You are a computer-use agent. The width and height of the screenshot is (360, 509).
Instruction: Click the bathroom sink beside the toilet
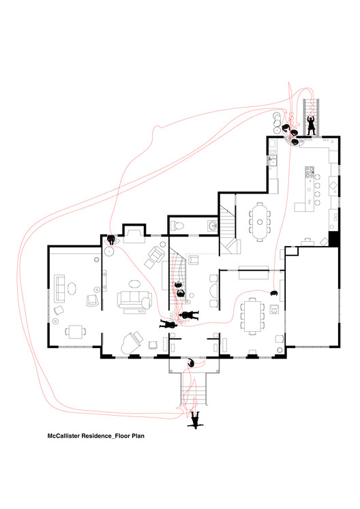212,226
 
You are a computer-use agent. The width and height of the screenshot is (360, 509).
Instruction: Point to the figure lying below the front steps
196,420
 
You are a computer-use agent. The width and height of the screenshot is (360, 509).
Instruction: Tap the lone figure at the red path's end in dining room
274,292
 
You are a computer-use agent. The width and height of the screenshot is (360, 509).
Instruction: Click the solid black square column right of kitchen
333,239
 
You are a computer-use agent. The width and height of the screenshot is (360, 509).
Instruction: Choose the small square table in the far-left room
75,332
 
